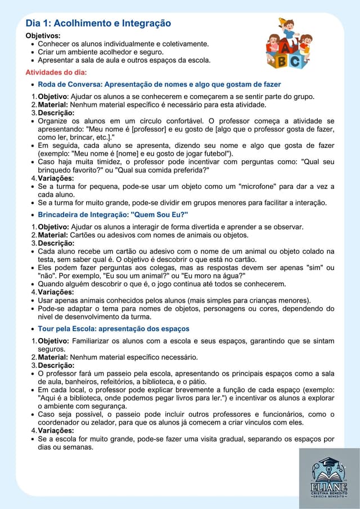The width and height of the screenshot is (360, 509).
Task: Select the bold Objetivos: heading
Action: (43, 35)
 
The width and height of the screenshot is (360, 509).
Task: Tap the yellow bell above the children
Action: (282, 21)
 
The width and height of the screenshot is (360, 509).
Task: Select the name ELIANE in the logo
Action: (329, 487)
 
